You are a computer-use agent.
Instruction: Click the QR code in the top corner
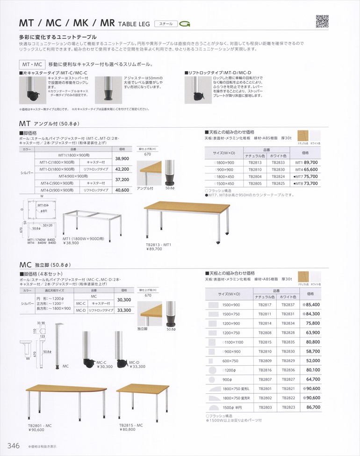click(322, 21)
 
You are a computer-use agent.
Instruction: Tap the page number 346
click(12, 446)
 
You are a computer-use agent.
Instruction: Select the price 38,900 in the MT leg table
click(122, 159)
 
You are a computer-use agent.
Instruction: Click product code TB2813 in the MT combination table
click(255, 162)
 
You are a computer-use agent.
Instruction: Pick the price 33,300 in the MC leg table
click(124, 310)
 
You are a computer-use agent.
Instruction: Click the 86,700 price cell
click(313, 407)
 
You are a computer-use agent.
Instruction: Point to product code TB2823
click(288, 407)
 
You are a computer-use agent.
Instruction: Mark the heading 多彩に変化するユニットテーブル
click(58, 36)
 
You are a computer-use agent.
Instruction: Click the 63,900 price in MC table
click(313, 333)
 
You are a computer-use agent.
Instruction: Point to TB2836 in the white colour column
click(288, 369)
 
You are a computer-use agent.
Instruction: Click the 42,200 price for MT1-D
click(122, 169)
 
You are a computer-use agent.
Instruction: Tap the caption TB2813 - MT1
click(159, 244)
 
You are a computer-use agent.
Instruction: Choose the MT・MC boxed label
click(31, 64)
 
